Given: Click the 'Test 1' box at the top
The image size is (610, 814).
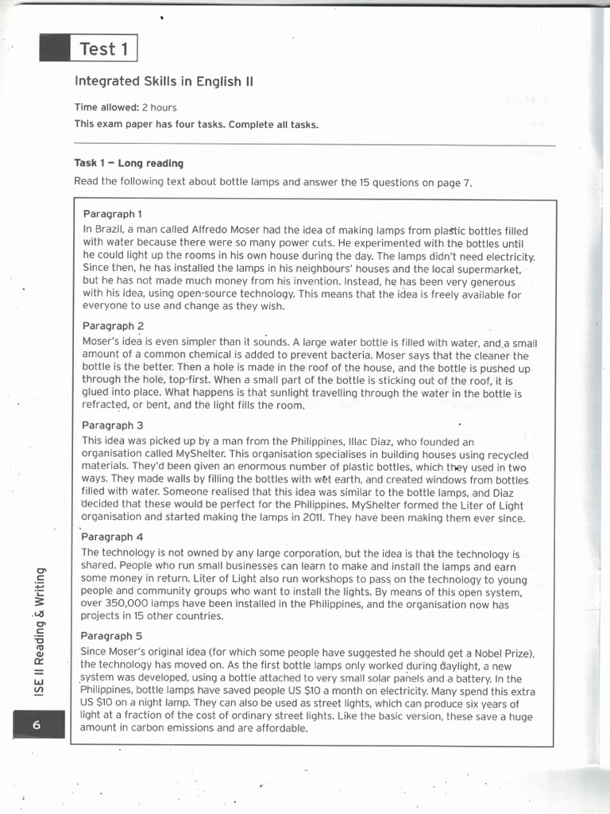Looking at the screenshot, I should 104,48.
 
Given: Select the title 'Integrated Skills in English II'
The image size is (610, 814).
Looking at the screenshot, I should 164,81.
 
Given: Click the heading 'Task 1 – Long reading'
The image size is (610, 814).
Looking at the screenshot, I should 129,163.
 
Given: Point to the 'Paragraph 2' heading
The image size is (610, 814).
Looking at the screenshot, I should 113,326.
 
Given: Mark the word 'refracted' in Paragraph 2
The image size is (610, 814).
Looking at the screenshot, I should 106,406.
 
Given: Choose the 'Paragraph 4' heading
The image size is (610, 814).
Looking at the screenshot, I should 113,537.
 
